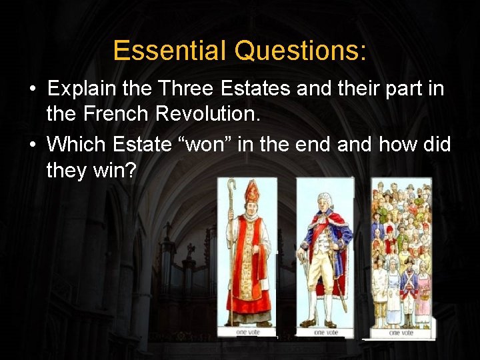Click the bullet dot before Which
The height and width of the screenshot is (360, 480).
pos(32,144)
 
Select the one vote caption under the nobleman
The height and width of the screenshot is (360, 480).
pos(325,331)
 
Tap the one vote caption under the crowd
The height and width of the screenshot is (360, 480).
pos(400,331)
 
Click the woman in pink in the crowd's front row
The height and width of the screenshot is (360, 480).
pos(423,293)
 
